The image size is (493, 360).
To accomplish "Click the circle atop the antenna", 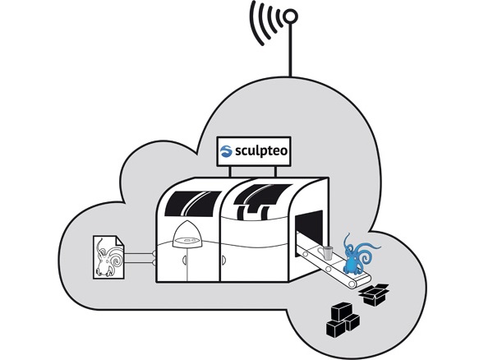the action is point(290,16).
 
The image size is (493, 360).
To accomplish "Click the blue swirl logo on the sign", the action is point(227,151).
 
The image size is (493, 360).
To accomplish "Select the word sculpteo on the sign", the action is point(261,151).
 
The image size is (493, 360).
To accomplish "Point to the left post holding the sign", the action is point(230,171).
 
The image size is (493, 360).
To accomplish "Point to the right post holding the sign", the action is point(276,171).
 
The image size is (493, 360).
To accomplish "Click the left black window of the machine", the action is point(192,203).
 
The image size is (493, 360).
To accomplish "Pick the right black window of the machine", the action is point(263,201).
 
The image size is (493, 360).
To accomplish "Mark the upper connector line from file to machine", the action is point(139,253).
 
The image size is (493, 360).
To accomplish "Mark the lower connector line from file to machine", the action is point(139,262).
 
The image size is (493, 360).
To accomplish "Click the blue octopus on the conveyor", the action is point(359,254).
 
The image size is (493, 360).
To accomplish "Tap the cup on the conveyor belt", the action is point(325,253).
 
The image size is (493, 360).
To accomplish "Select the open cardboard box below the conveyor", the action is point(374,294).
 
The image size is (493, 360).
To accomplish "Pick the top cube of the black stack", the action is point(340,312).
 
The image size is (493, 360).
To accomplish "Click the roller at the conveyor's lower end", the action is point(352,284).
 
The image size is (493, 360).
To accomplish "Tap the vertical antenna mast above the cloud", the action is point(290,49).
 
